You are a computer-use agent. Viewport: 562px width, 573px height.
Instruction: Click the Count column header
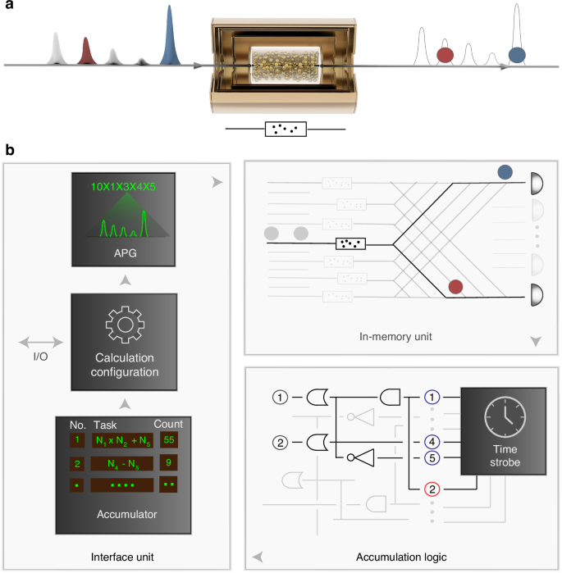[169, 424]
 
